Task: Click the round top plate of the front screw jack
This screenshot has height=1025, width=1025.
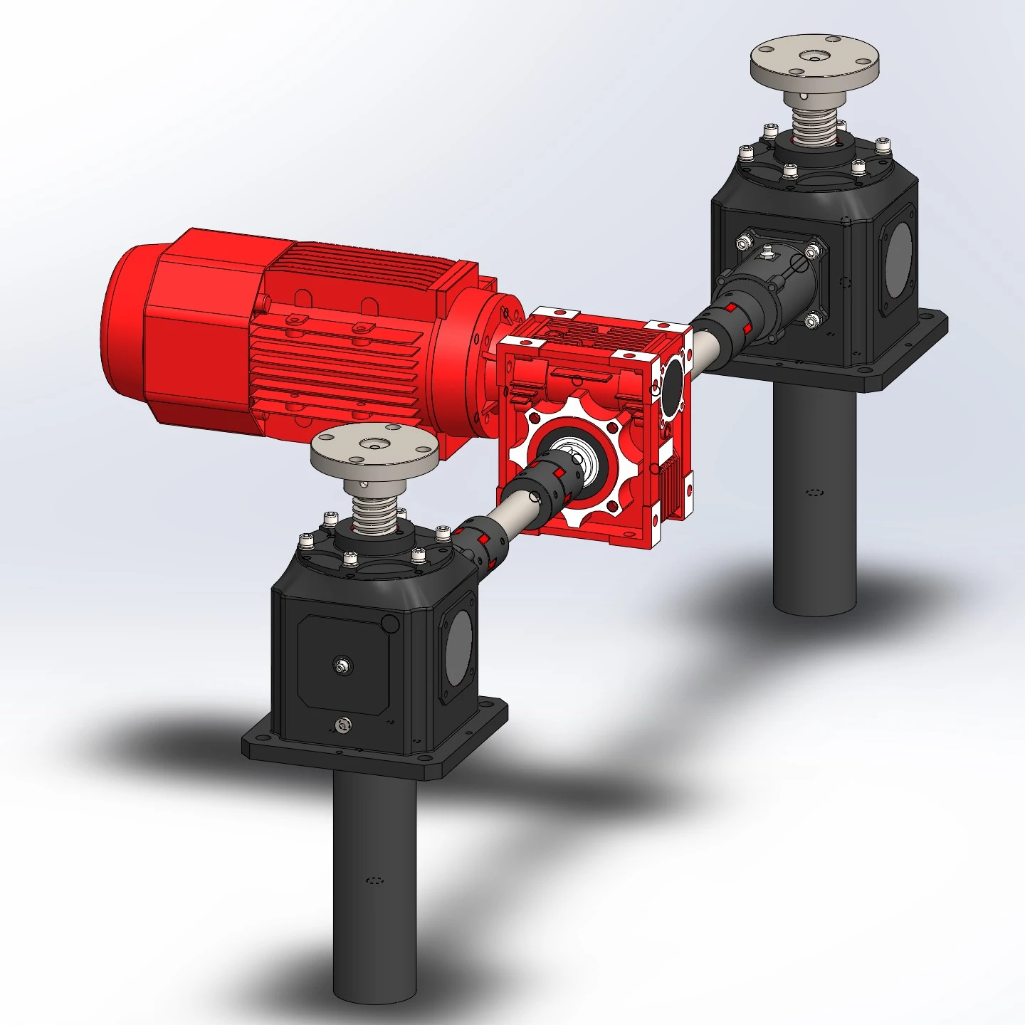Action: click(x=374, y=452)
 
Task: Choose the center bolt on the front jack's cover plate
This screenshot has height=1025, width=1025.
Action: click(x=342, y=665)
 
